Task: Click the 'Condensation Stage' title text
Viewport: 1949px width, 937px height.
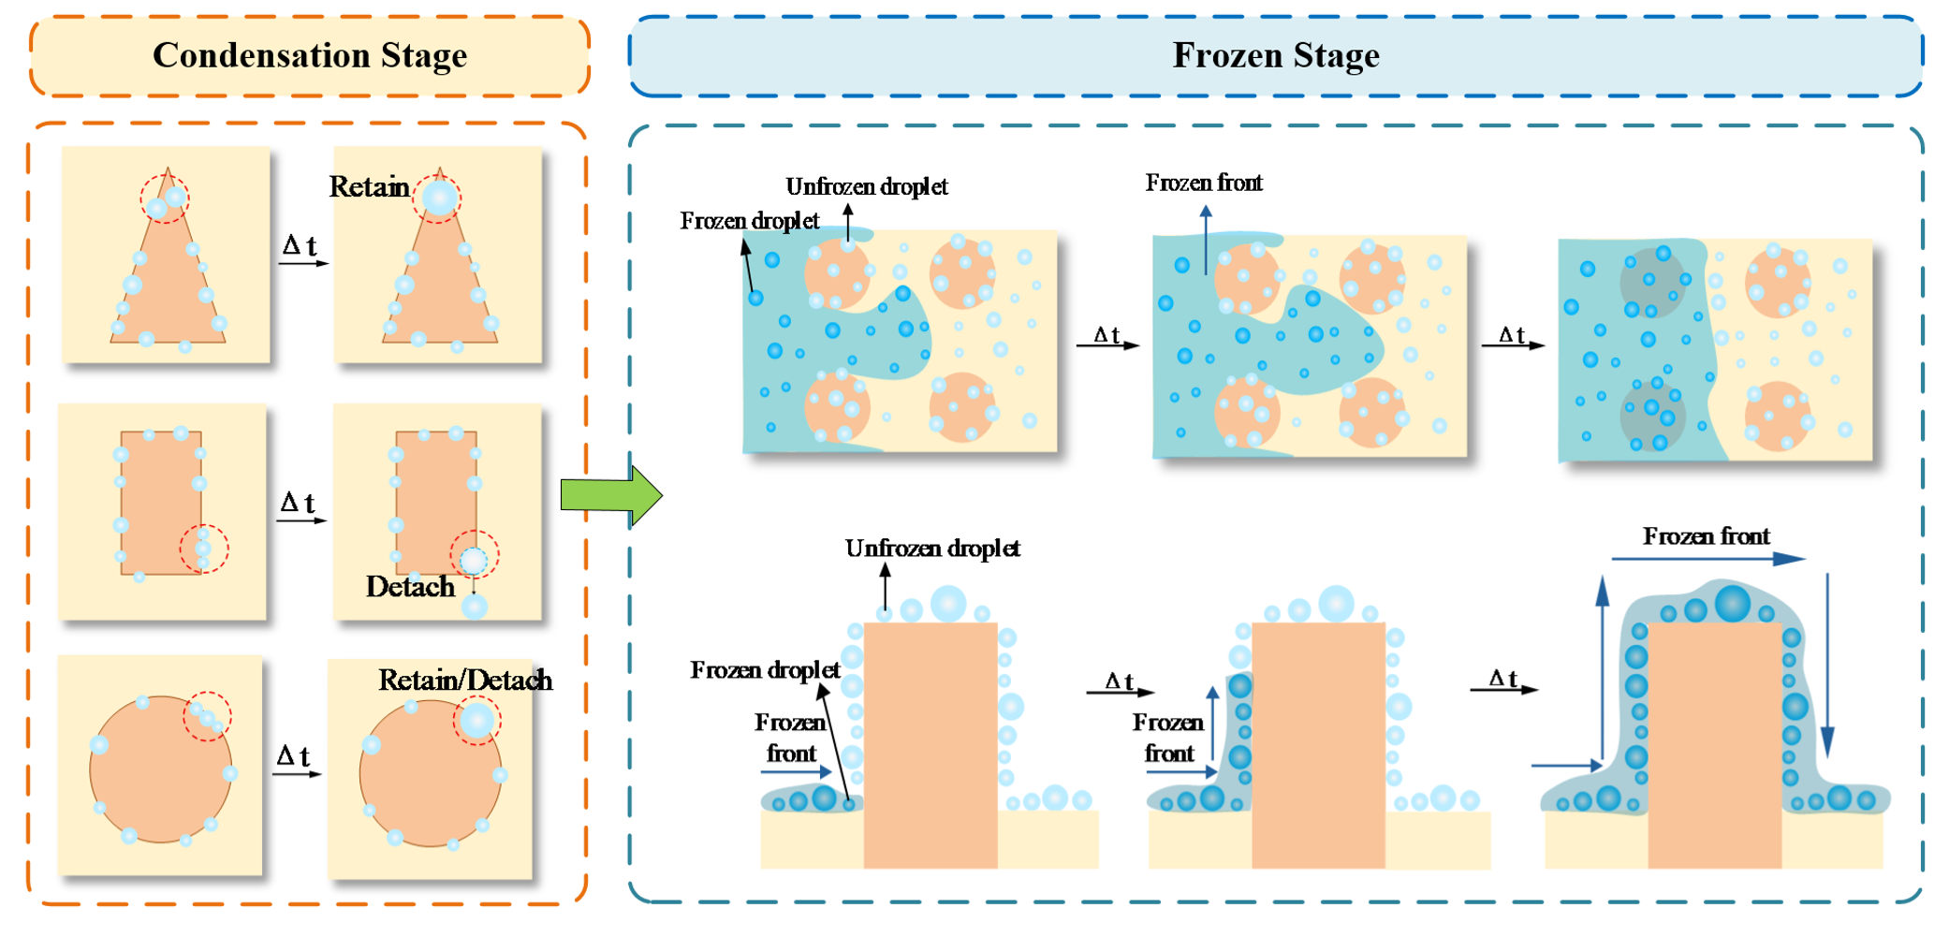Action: pyautogui.click(x=310, y=55)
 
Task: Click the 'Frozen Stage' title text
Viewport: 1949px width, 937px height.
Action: pyautogui.click(x=1275, y=55)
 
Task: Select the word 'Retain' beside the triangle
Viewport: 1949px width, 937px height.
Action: pyautogui.click(x=369, y=187)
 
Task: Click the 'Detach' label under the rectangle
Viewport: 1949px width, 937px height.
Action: pyautogui.click(x=410, y=587)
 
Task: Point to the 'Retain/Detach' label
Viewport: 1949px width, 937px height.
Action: pyautogui.click(x=464, y=681)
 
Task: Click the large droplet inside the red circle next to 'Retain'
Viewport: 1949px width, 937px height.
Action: pyautogui.click(x=439, y=198)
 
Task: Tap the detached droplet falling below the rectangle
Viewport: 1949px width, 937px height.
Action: pyautogui.click(x=475, y=607)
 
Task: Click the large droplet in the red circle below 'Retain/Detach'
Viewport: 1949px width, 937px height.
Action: pyautogui.click(x=476, y=721)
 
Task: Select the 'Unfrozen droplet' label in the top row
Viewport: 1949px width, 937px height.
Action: pyautogui.click(x=866, y=187)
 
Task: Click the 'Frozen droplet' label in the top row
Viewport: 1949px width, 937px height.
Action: pyautogui.click(x=749, y=221)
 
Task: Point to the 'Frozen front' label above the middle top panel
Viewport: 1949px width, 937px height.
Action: pyautogui.click(x=1204, y=183)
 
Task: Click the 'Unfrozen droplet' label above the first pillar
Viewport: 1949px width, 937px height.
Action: pyautogui.click(x=932, y=549)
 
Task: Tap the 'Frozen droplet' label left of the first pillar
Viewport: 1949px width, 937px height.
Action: pyautogui.click(x=765, y=670)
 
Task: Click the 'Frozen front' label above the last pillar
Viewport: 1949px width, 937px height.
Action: pyautogui.click(x=1706, y=536)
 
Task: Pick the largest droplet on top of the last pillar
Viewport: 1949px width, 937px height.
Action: pyautogui.click(x=1732, y=604)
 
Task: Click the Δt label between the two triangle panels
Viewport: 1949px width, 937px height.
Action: pyautogui.click(x=300, y=246)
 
